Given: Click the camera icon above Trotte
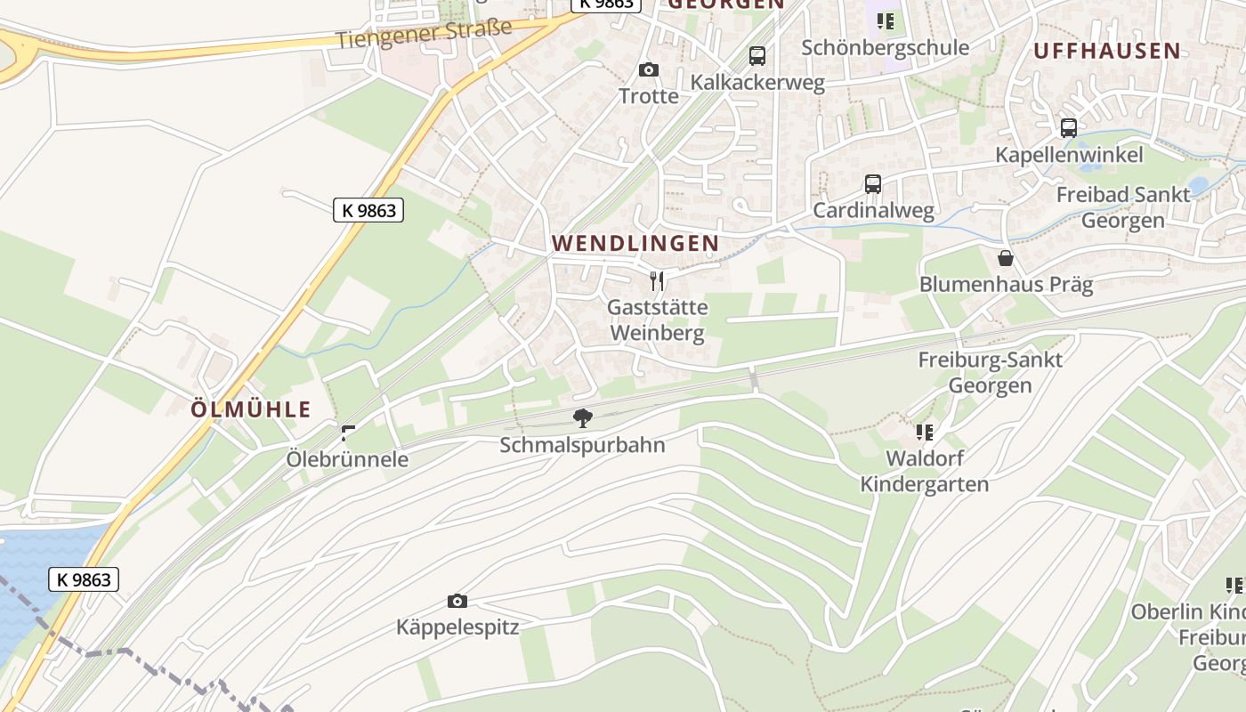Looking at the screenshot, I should pyautogui.click(x=649, y=69).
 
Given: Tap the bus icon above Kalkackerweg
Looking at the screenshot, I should pyautogui.click(x=757, y=56).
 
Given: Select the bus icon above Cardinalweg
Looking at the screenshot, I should pyautogui.click(x=873, y=184).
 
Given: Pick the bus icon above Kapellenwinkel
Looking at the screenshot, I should pyautogui.click(x=1069, y=128).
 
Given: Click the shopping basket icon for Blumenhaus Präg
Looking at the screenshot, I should pyautogui.click(x=1006, y=258).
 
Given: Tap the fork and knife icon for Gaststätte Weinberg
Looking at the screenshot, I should pyautogui.click(x=657, y=281).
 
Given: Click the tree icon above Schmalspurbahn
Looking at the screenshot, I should pyautogui.click(x=582, y=417).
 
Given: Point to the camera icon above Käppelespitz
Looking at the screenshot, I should pyautogui.click(x=457, y=601).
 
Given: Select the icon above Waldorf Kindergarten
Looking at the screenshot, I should pyautogui.click(x=925, y=433).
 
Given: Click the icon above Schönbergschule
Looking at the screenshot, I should pyautogui.click(x=885, y=20).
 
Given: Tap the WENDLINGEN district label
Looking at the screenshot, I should pyautogui.click(x=635, y=243).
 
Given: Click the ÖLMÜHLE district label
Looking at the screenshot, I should pyautogui.click(x=252, y=409).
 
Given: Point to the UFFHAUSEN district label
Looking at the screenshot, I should pyautogui.click(x=1107, y=51).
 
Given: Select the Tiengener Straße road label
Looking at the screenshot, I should pyautogui.click(x=425, y=34).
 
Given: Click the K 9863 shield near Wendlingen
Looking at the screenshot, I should pyautogui.click(x=368, y=210).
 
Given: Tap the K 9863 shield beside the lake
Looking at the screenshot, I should pyautogui.click(x=84, y=580).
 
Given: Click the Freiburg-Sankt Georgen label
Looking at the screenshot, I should pyautogui.click(x=990, y=373).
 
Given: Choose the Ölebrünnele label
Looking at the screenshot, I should pyautogui.click(x=347, y=459).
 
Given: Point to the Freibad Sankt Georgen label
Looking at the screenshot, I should pyautogui.click(x=1123, y=207).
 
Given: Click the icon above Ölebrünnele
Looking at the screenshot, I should pyautogui.click(x=348, y=433).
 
